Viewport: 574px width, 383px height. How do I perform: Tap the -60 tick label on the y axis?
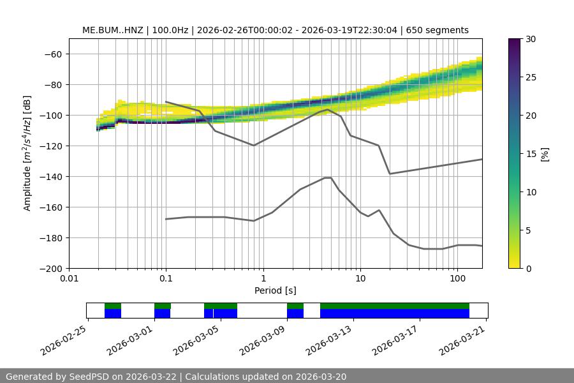pos(52,54)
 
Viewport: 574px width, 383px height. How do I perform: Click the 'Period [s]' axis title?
pos(276,290)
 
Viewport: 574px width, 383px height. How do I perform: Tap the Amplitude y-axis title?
pos(27,153)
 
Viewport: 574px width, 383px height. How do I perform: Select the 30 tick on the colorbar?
pos(530,39)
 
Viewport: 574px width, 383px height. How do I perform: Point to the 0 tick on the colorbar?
pos(528,269)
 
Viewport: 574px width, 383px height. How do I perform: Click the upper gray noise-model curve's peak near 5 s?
pos(328,109)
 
